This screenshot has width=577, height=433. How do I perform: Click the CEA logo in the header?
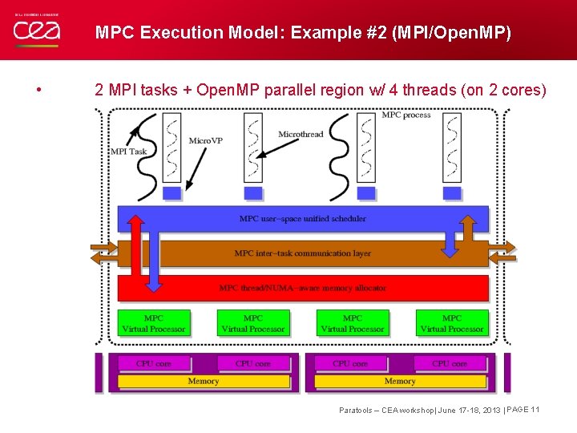(x=36, y=30)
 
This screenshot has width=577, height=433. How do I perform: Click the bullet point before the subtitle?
(x=39, y=90)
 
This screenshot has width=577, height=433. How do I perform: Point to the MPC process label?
(x=406, y=115)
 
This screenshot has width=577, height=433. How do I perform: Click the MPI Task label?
(x=128, y=151)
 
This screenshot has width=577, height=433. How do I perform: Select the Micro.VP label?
(x=205, y=141)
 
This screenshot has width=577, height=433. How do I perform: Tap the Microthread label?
(x=301, y=134)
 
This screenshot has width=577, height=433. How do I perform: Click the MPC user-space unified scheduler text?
(x=302, y=218)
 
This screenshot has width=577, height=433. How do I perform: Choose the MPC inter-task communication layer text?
(x=302, y=253)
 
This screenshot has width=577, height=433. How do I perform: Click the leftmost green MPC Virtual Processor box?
(x=153, y=323)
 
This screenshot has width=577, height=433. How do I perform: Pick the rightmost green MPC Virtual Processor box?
(x=452, y=323)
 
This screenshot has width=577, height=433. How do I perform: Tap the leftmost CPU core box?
(x=153, y=363)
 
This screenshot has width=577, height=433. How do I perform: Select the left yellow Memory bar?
(x=203, y=381)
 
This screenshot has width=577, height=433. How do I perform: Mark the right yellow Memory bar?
(x=399, y=381)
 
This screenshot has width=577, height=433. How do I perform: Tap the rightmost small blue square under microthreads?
(x=452, y=193)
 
